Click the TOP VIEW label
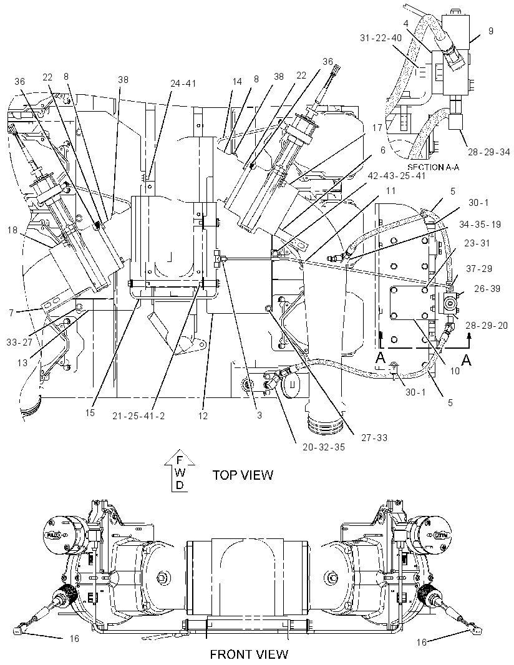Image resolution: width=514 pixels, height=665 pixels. tap(243, 475)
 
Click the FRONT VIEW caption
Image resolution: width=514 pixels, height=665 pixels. tap(249, 654)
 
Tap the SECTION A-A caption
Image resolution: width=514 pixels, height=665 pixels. tap(433, 167)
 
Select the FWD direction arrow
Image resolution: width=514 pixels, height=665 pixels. tap(180, 470)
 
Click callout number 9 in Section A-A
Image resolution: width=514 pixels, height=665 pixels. tap(491, 31)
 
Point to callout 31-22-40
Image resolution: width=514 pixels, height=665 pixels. tap(381, 38)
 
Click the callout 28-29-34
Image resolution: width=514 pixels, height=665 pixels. tap(488, 152)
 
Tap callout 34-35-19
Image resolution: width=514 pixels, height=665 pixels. tap(479, 224)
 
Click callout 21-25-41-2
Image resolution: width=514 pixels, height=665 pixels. tap(138, 415)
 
